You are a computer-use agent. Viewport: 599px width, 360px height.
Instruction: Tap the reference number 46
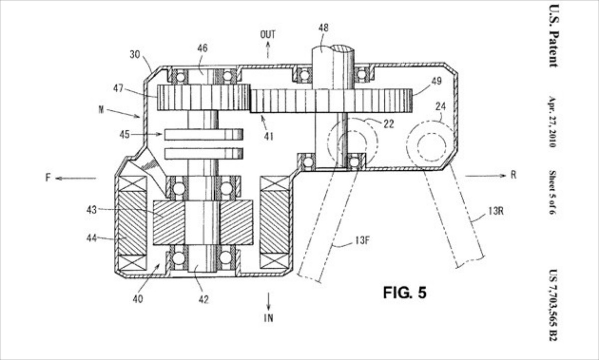click(202, 48)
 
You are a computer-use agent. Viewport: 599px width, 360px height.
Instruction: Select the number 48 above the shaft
click(323, 28)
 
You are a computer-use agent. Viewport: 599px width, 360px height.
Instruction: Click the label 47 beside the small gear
click(118, 88)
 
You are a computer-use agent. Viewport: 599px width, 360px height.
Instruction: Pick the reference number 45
click(124, 134)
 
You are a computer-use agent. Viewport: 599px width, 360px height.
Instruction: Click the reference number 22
click(387, 124)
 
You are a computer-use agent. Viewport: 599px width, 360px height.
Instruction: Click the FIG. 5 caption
click(405, 293)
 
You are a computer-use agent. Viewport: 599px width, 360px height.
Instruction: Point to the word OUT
click(268, 34)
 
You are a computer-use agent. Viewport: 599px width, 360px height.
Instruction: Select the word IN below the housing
click(269, 318)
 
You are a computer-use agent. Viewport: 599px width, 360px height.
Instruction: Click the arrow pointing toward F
click(75, 178)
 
